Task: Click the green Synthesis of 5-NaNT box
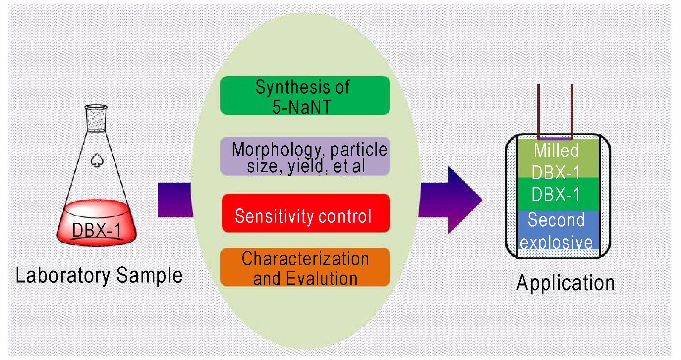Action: pyautogui.click(x=305, y=96)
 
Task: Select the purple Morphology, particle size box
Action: pyautogui.click(x=305, y=156)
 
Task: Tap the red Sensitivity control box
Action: pyautogui.click(x=306, y=213)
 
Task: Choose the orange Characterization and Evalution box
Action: pyautogui.click(x=305, y=267)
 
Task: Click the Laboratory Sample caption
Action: pyautogui.click(x=99, y=276)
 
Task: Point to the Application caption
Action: pyautogui.click(x=565, y=283)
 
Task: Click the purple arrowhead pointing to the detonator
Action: pyautogui.click(x=464, y=200)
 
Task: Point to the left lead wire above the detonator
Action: pyautogui.click(x=539, y=111)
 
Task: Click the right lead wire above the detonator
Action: pyautogui.click(x=572, y=111)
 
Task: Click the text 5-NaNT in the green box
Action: pyautogui.click(x=302, y=107)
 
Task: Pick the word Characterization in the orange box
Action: pyautogui.click(x=305, y=259)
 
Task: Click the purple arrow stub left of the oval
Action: pyautogui.click(x=175, y=200)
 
